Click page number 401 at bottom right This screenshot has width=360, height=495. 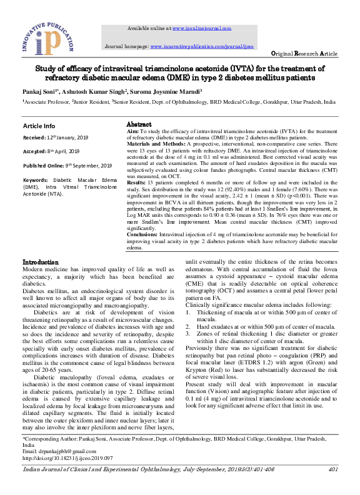pyautogui.click(x=332, y=469)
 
